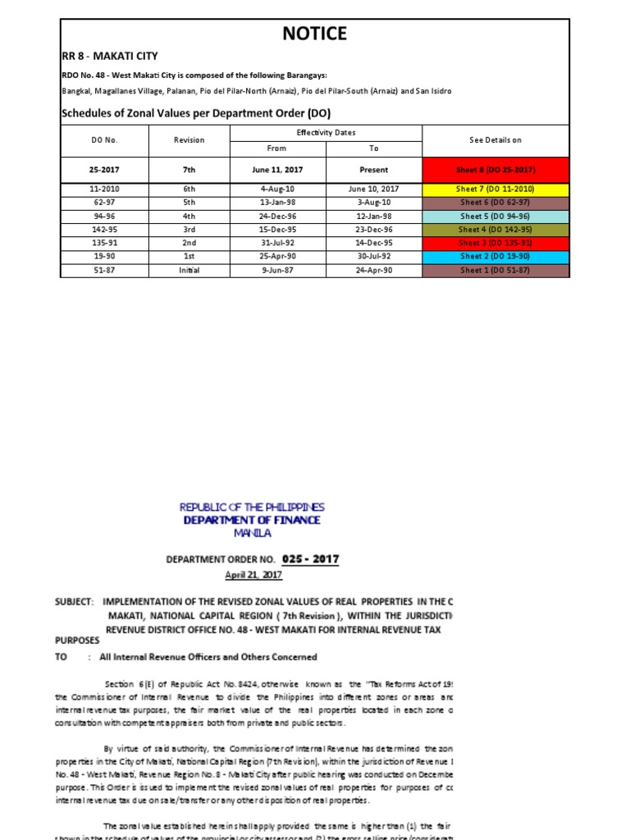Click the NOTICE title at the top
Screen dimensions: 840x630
tap(315, 34)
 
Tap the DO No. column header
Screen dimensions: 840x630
tap(104, 140)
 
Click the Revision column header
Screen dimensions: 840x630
tap(189, 140)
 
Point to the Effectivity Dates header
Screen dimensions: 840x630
tap(326, 132)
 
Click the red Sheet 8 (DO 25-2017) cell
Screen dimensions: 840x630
tap(495, 170)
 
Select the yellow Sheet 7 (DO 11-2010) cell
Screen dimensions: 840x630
tap(495, 189)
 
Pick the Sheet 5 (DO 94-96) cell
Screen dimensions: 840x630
tap(495, 216)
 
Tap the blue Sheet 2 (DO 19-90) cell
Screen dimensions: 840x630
tap(495, 256)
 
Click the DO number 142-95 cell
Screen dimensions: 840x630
tap(104, 230)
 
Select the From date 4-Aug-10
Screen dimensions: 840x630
tap(277, 189)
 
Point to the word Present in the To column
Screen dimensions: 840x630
tap(373, 170)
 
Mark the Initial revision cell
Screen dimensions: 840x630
tap(189, 270)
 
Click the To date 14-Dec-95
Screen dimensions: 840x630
tap(373, 243)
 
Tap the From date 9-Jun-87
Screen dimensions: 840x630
tap(277, 270)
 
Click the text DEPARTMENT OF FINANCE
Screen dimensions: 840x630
tap(251, 520)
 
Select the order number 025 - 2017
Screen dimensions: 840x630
tap(310, 559)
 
